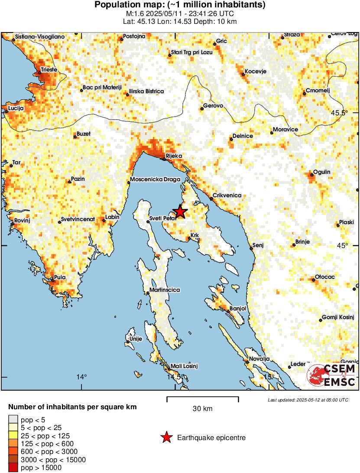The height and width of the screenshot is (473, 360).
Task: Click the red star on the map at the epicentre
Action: tap(180, 212)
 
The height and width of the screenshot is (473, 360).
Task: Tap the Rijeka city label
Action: tap(174, 156)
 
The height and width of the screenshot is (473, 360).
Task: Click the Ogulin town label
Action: tap(322, 172)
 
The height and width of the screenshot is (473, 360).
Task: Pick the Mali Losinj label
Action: tap(184, 366)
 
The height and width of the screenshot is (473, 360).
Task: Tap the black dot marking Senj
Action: tap(251, 248)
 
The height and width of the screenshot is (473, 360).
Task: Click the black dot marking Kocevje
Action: tap(243, 75)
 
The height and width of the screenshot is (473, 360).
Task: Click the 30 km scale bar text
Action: tap(202, 408)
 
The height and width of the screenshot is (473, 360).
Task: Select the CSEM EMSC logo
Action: tap(331, 375)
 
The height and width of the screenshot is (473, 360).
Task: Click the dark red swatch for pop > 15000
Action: tap(13, 467)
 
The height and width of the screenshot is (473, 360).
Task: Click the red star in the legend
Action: tap(166, 438)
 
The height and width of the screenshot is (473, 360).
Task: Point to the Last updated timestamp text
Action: tap(308, 399)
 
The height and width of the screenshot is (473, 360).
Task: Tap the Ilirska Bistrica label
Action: tap(146, 91)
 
